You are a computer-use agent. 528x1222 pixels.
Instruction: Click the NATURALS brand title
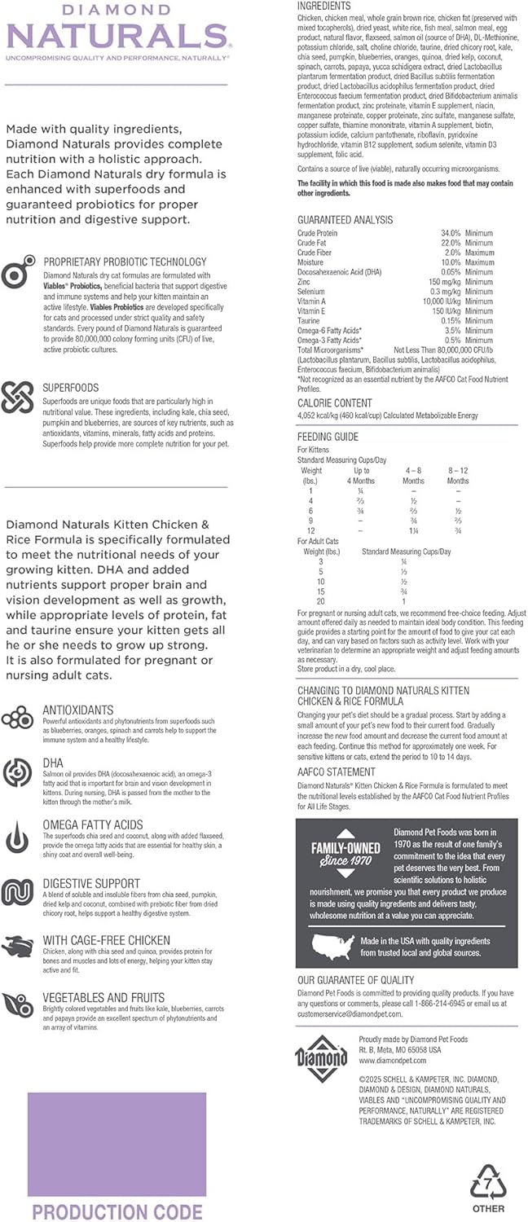[116, 36]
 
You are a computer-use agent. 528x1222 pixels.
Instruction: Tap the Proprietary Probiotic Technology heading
[125, 262]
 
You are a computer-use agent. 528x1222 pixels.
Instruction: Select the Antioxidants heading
[78, 710]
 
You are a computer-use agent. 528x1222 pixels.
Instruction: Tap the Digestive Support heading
[91, 883]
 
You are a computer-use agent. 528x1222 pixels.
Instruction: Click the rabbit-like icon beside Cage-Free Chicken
[17, 947]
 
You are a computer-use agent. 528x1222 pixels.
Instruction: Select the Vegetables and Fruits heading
[103, 997]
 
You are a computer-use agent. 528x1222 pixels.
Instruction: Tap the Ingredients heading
[323, 7]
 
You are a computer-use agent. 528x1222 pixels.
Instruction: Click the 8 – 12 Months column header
[458, 476]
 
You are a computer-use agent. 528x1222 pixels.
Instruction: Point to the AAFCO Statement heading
[336, 771]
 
